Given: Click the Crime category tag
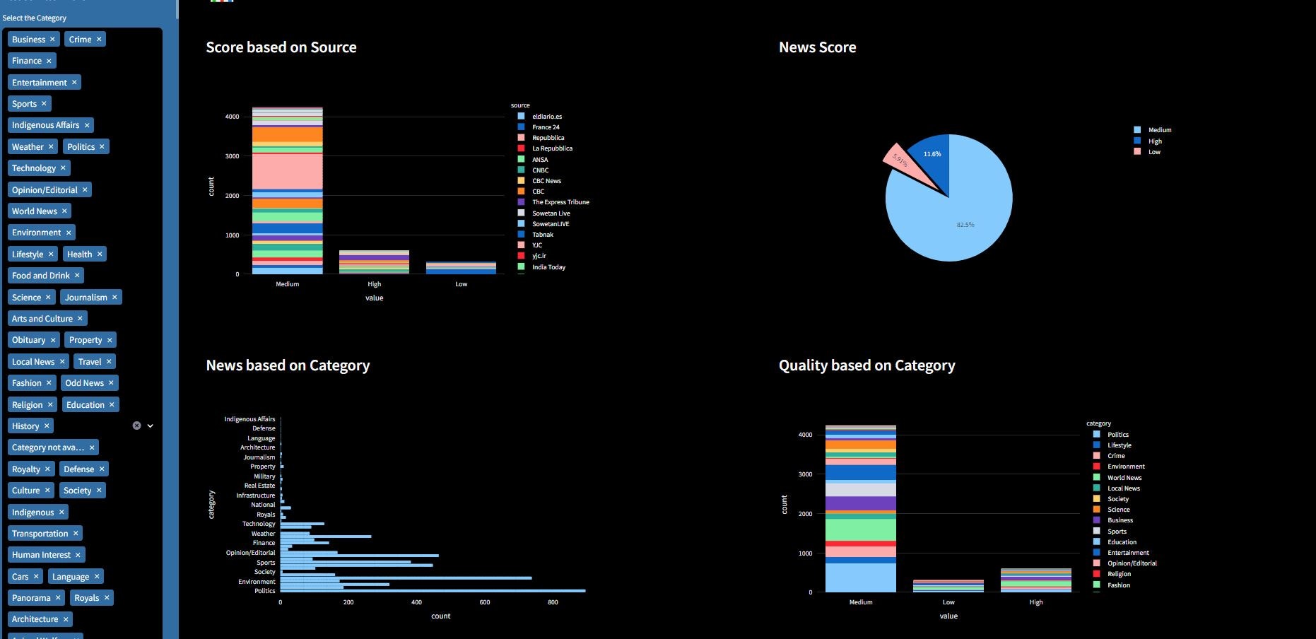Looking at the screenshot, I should click(80, 40).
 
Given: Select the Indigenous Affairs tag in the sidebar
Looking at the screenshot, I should click(45, 125).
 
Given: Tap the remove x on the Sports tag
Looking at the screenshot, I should click(44, 104).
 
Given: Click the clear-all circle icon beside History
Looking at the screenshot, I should click(136, 426).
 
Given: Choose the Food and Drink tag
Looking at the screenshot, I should click(40, 276).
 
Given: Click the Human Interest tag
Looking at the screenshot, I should click(41, 555).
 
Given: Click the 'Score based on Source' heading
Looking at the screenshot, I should click(281, 47).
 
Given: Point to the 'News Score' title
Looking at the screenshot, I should click(817, 47).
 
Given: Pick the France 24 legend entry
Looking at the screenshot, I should click(546, 127).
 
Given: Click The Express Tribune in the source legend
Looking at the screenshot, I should click(560, 202).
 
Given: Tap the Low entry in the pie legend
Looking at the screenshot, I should click(1154, 152).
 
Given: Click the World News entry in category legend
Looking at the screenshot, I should click(1124, 478).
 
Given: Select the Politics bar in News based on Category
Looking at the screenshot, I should click(431, 591).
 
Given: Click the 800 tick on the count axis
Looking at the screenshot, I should click(553, 603).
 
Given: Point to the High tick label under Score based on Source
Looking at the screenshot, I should click(375, 284).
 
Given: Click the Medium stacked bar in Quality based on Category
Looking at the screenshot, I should click(860, 509).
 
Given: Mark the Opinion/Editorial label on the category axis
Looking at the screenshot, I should click(250, 553).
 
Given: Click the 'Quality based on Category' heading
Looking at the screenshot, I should click(866, 365).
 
